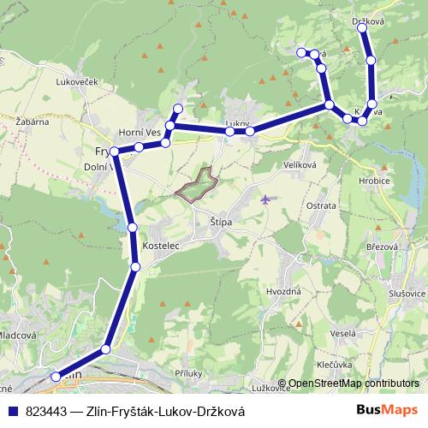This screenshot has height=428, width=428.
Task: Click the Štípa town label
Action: (x=222, y=222)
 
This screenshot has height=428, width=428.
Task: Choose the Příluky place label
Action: (x=187, y=373)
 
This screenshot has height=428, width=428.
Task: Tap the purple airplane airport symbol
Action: (x=265, y=199)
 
